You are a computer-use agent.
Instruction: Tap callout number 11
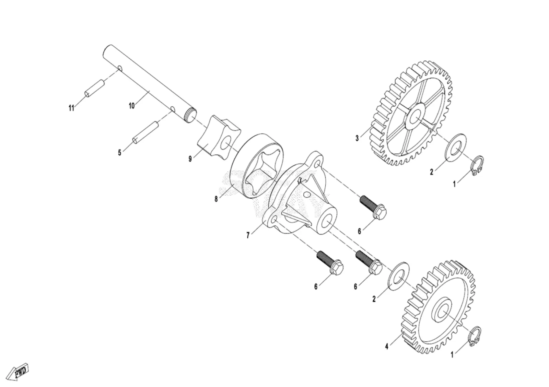[x=71, y=108]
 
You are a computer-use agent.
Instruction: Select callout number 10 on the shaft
[x=132, y=106]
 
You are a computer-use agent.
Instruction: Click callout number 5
[x=120, y=153]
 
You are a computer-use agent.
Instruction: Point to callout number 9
[x=190, y=159]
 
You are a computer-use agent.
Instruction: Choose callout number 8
[x=216, y=199]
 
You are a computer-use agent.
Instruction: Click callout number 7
[x=248, y=236]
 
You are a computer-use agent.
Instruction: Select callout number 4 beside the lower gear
[x=387, y=347]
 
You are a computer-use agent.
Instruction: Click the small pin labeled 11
[x=94, y=89]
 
